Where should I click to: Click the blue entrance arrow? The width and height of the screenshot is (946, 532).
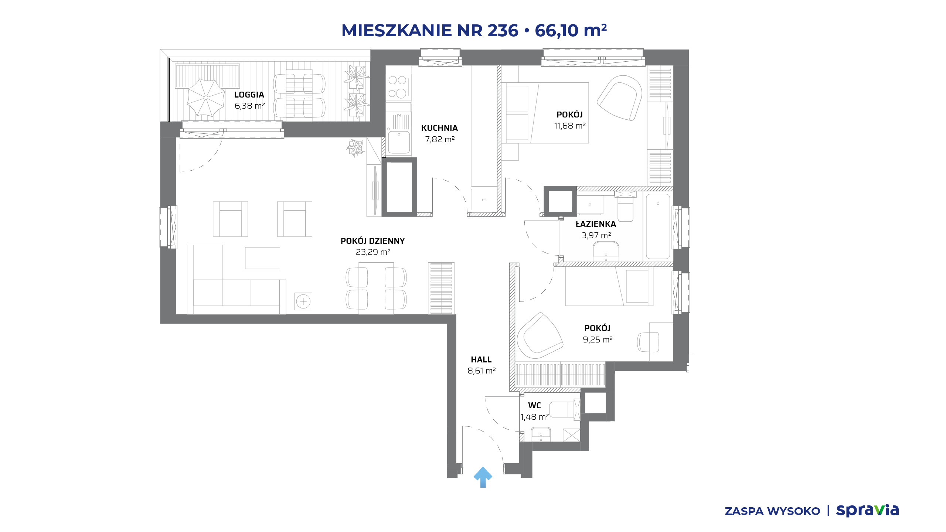pyautogui.click(x=483, y=477)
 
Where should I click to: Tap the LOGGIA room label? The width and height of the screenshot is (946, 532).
pyautogui.click(x=249, y=95)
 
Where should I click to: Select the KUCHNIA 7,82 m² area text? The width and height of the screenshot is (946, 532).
pyautogui.click(x=440, y=139)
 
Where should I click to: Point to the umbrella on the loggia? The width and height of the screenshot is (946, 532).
pyautogui.click(x=206, y=98)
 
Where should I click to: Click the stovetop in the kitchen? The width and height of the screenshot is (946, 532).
pyautogui.click(x=398, y=87)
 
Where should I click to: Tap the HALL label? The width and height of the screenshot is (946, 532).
pyautogui.click(x=481, y=359)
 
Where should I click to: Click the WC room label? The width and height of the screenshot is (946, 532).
pyautogui.click(x=534, y=405)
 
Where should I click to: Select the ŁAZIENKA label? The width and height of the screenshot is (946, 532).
pyautogui.click(x=596, y=224)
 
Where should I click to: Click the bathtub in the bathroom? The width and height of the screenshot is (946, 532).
pyautogui.click(x=658, y=226)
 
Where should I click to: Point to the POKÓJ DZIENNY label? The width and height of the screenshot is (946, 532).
pyautogui.click(x=372, y=241)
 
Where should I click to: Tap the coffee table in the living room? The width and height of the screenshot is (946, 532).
pyautogui.click(x=262, y=258)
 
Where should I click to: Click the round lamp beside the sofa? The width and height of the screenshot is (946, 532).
pyautogui.click(x=303, y=301)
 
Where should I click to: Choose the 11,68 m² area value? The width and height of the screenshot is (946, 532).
pyautogui.click(x=570, y=126)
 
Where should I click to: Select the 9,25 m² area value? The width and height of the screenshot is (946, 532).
pyautogui.click(x=598, y=340)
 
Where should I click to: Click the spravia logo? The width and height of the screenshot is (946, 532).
pyautogui.click(x=867, y=510)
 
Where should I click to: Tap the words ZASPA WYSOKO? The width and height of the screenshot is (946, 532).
pyautogui.click(x=772, y=511)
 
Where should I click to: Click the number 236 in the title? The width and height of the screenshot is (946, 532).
pyautogui.click(x=503, y=30)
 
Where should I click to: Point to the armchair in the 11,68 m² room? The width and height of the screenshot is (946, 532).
pyautogui.click(x=619, y=98)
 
